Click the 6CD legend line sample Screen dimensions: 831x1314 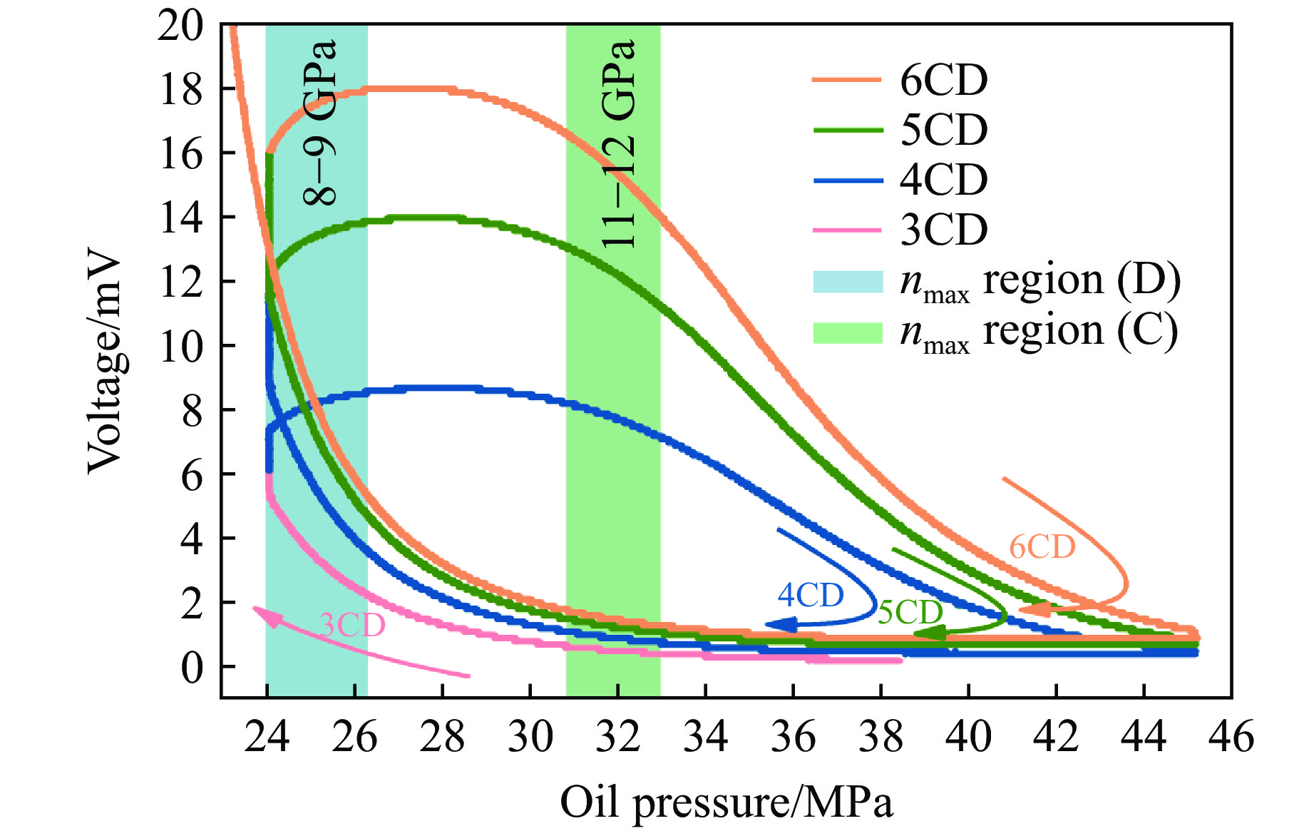click(x=848, y=79)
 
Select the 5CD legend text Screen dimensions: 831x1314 click(x=943, y=130)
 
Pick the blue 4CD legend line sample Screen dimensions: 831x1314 click(x=848, y=180)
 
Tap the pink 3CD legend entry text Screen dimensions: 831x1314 click(x=943, y=230)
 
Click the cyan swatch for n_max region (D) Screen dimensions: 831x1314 click(x=848, y=281)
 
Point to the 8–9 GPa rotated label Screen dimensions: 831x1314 click(x=319, y=123)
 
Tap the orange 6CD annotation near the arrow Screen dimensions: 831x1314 click(x=1042, y=547)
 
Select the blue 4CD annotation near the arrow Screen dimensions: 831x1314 click(x=810, y=595)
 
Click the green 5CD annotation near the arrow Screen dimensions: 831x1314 click(x=910, y=612)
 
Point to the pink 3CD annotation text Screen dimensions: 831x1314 click(x=352, y=626)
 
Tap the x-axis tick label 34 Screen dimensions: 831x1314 click(x=705, y=736)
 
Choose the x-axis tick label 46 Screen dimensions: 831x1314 click(x=1231, y=736)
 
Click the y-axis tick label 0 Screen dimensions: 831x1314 click(x=191, y=668)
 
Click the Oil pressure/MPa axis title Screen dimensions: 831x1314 click(x=726, y=803)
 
